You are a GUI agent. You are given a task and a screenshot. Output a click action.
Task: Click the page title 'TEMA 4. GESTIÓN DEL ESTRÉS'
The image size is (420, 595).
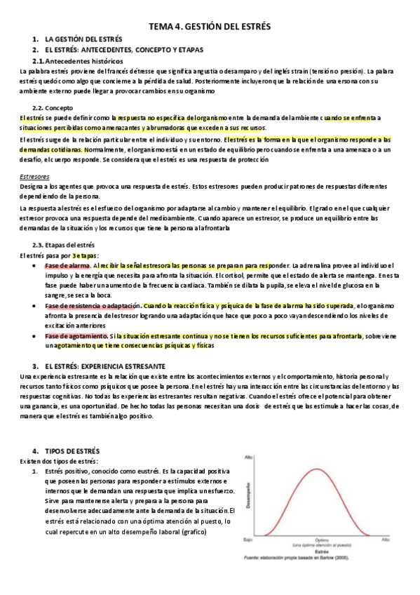coord(209,27)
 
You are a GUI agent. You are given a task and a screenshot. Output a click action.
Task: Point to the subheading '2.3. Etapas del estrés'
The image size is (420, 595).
coord(64,245)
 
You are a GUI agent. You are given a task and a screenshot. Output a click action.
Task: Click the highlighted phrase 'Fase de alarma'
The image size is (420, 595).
coord(67,265)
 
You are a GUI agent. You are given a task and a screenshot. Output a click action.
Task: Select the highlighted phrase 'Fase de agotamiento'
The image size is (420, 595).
coord(76,336)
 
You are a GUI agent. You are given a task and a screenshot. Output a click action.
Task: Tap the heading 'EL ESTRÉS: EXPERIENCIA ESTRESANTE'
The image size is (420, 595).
coord(105,366)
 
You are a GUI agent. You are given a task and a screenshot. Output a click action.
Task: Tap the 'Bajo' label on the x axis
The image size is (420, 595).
coord(248,540)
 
